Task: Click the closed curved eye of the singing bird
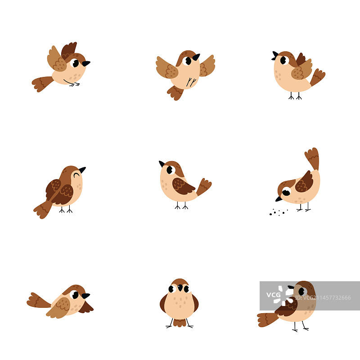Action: (x=76, y=175)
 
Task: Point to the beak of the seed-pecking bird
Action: (x=279, y=199)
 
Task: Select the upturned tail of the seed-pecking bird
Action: (x=312, y=158)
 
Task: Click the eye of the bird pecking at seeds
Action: (x=286, y=192)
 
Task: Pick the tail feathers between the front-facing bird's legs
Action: (x=180, y=323)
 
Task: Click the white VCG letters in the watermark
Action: (x=273, y=295)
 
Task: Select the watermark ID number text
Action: (x=323, y=298)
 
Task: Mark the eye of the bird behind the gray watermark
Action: (x=302, y=291)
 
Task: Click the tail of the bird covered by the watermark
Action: (x=268, y=319)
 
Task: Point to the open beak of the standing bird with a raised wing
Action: (x=275, y=56)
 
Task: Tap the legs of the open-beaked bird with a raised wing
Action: (x=295, y=96)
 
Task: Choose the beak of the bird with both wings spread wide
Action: (x=196, y=57)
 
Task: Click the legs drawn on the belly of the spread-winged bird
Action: (x=191, y=82)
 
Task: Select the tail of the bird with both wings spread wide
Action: (x=175, y=93)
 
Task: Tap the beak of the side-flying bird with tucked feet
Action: (x=86, y=63)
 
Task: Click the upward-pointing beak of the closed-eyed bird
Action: (x=82, y=170)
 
